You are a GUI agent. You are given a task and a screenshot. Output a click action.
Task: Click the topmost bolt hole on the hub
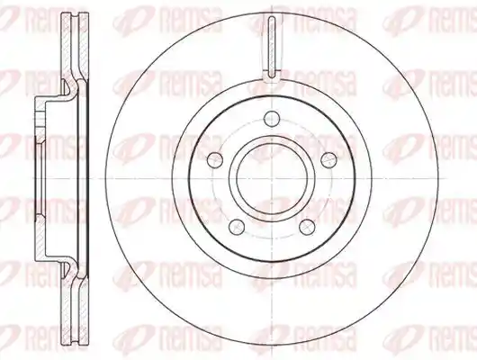click(x=272, y=119)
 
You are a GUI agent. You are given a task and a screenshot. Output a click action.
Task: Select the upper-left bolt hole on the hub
click(x=214, y=159)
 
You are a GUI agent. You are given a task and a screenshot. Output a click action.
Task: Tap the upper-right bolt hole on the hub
click(x=329, y=159)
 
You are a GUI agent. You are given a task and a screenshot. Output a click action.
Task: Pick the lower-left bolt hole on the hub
click(x=237, y=227)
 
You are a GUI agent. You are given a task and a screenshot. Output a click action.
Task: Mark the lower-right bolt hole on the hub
click(x=307, y=227)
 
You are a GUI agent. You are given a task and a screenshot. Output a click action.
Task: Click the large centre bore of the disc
click(x=272, y=178)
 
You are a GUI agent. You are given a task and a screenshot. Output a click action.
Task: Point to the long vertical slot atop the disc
click(x=272, y=47)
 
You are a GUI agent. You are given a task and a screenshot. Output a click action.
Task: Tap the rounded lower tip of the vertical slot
click(x=272, y=76)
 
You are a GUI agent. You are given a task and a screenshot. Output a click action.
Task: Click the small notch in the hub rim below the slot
click(x=271, y=79)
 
